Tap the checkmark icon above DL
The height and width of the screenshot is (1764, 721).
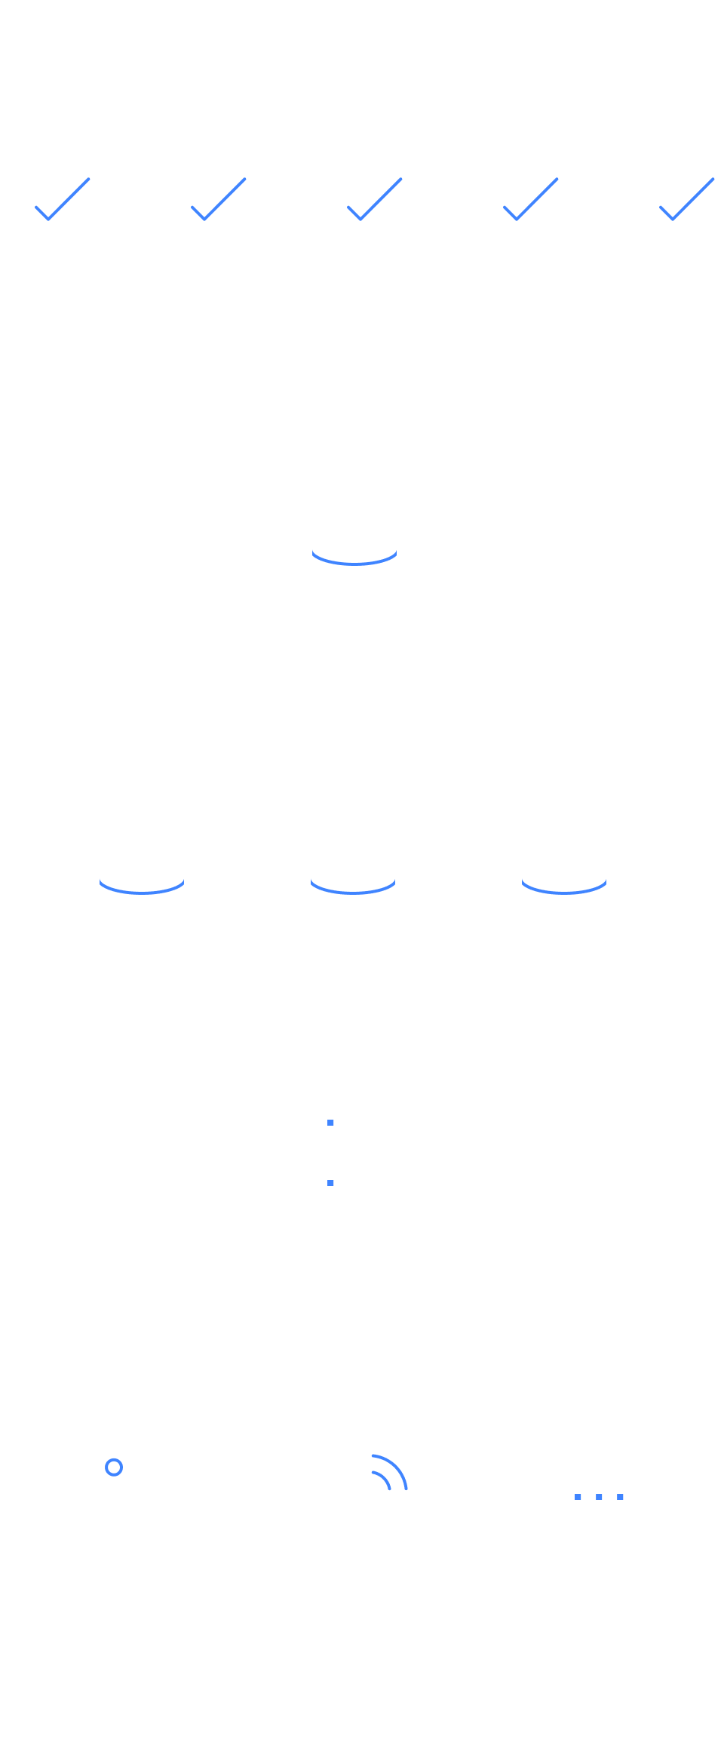[49, 211]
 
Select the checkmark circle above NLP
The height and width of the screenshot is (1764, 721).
[360, 211]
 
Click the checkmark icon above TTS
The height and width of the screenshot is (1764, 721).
[672, 211]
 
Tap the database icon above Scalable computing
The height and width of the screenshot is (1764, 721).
[354, 549]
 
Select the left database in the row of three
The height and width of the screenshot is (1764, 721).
[142, 878]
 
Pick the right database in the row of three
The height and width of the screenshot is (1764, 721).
[563, 878]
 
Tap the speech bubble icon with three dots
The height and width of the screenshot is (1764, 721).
[598, 1503]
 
